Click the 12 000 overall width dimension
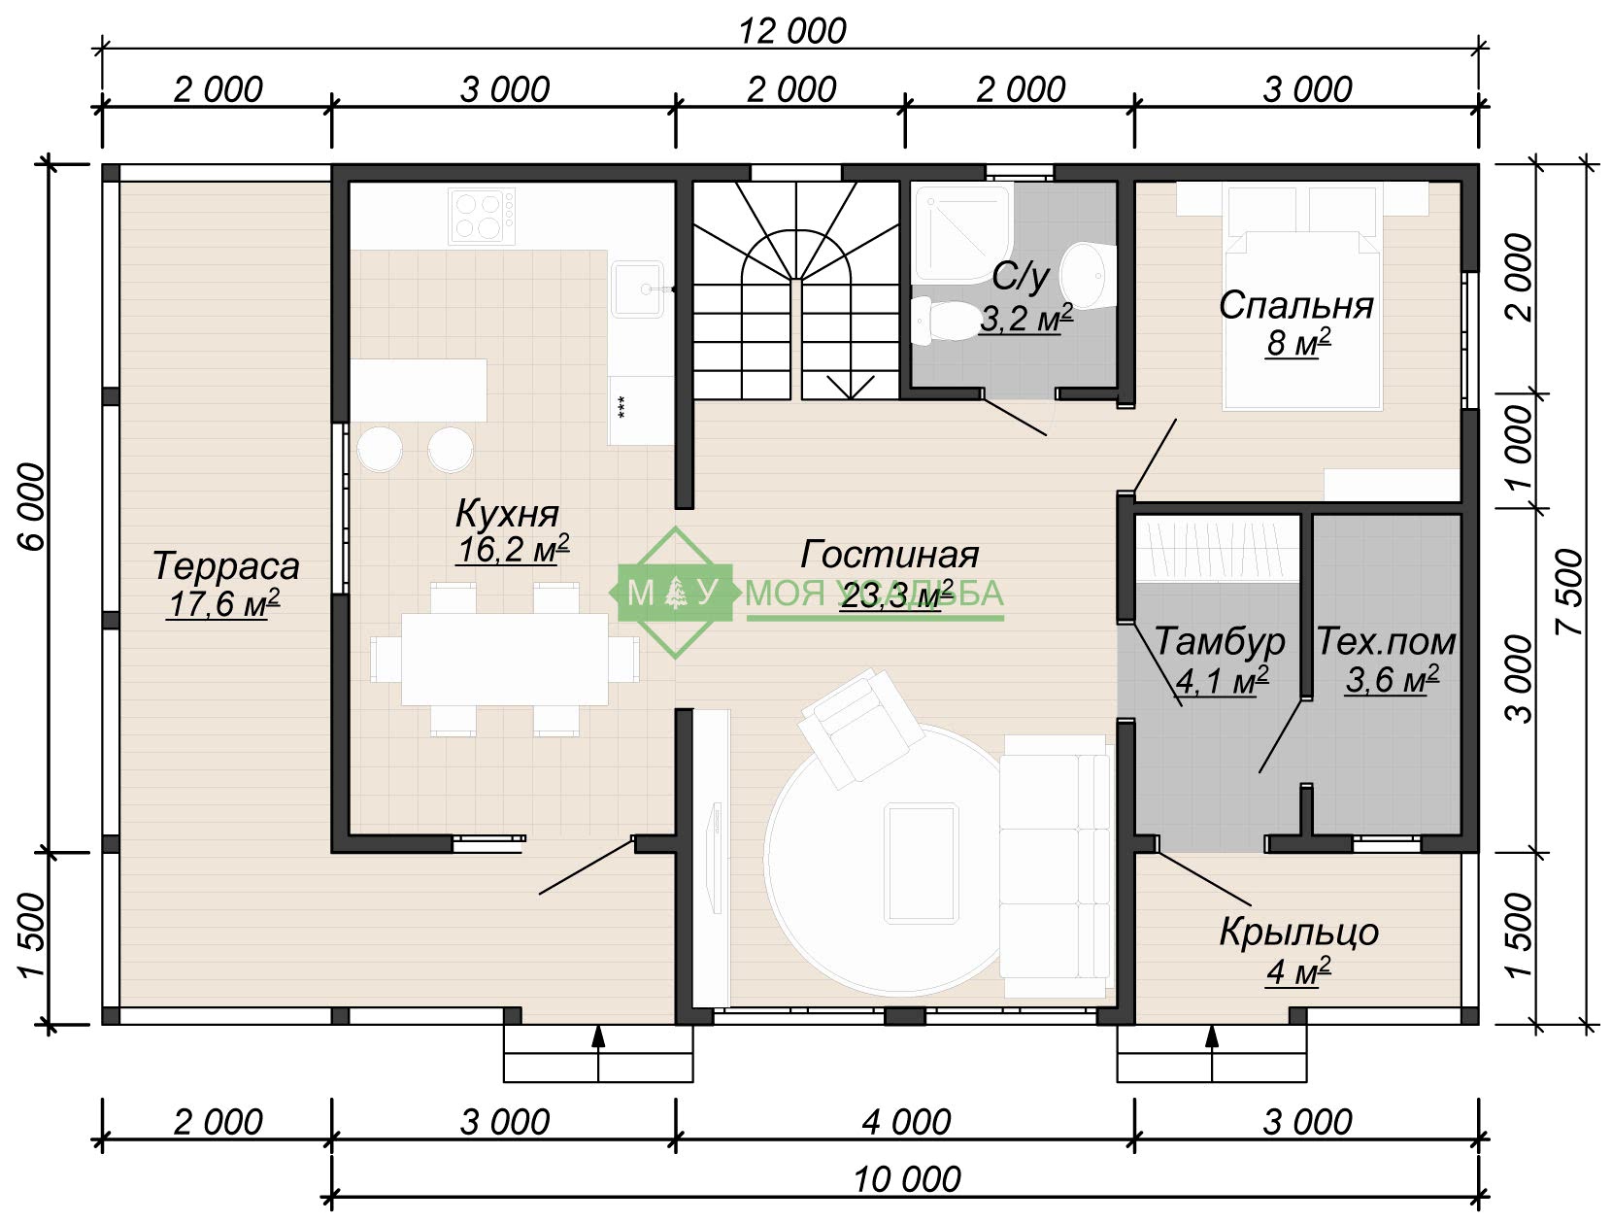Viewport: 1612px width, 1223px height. click(x=792, y=32)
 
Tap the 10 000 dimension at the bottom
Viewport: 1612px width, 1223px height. click(x=907, y=1180)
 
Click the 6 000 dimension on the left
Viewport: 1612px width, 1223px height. click(x=34, y=507)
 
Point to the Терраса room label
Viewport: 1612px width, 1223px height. click(x=226, y=566)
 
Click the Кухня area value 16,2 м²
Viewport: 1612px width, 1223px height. click(x=513, y=550)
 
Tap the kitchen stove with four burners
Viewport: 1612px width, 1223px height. click(x=481, y=216)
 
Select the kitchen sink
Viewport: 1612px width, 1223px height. click(x=637, y=289)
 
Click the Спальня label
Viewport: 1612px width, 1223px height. click(x=1296, y=306)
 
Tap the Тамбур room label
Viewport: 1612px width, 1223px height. click(x=1220, y=641)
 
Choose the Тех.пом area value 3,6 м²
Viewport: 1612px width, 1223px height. click(x=1392, y=679)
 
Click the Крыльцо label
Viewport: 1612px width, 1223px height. click(x=1298, y=933)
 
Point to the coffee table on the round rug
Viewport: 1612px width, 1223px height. click(x=922, y=863)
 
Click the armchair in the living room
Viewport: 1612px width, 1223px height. click(x=861, y=727)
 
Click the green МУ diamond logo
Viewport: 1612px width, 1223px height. click(x=675, y=592)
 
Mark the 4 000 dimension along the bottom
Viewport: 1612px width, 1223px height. click(x=906, y=1122)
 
